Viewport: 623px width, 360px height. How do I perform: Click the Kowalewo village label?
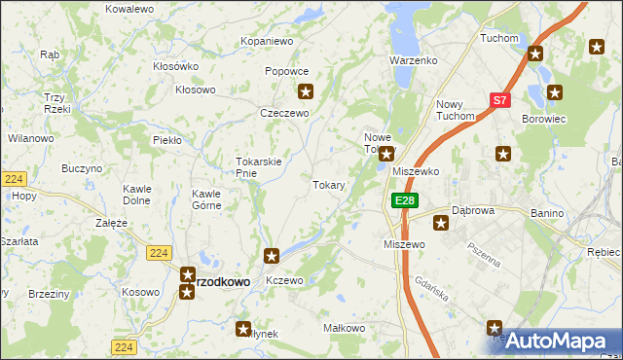point(129,9)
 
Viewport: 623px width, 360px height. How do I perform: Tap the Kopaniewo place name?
point(267,42)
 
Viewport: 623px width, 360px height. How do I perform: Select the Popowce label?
point(287,71)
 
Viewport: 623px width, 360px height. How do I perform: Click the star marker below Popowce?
point(306,92)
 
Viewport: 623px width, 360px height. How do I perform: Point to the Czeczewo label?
point(284,113)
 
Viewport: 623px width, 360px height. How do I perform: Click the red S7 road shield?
point(499,99)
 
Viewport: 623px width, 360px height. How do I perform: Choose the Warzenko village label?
point(414,60)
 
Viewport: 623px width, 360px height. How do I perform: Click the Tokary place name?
point(329,184)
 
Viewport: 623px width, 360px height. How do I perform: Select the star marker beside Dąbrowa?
point(441,224)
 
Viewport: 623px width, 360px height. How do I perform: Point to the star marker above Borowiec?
point(555,93)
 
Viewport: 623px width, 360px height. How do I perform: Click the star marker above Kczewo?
point(273,256)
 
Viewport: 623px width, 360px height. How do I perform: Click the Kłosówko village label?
point(176,66)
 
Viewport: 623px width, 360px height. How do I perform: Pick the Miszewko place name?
point(416,170)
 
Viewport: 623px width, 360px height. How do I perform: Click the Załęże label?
point(111,223)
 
